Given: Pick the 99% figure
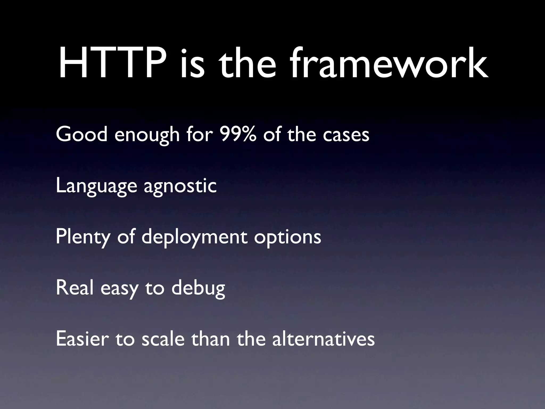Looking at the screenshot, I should click(x=238, y=134).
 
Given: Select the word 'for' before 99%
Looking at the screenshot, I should click(x=200, y=134).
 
